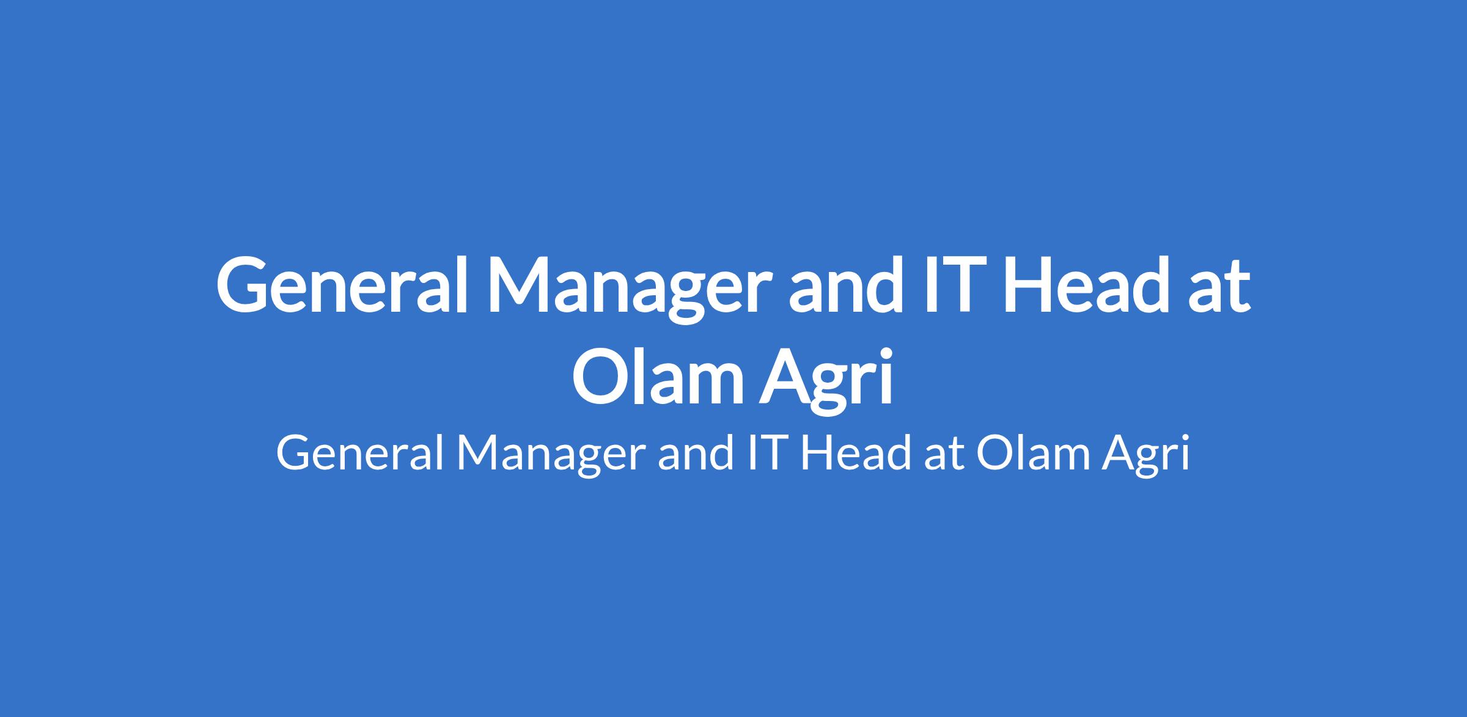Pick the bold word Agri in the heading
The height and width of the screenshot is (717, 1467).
827,380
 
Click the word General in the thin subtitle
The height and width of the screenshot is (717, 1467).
360,454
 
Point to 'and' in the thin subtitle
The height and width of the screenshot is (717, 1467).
695,453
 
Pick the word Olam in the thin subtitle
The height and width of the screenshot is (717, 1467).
1032,453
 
